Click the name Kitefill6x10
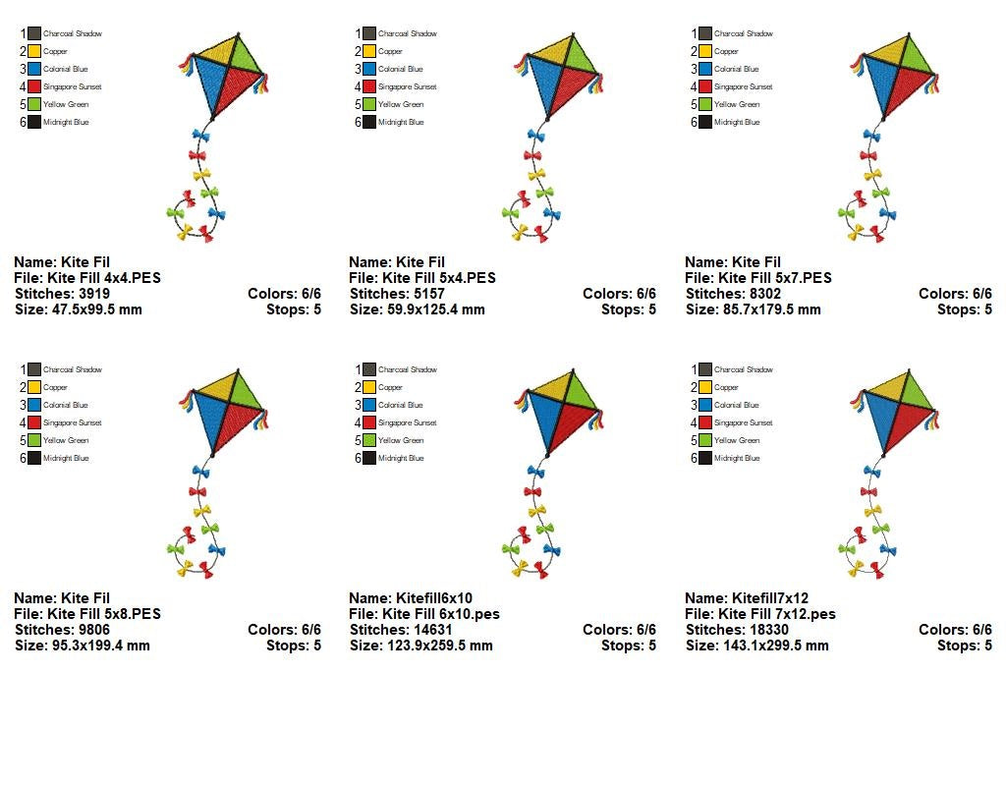(433, 598)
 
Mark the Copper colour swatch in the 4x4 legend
(35, 51)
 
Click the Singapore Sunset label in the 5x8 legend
(72, 422)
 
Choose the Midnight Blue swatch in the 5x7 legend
(706, 122)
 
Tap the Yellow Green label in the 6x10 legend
(400, 440)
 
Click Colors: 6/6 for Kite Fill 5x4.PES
(619, 294)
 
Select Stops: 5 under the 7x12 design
(964, 646)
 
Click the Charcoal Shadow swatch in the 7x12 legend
(706, 369)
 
